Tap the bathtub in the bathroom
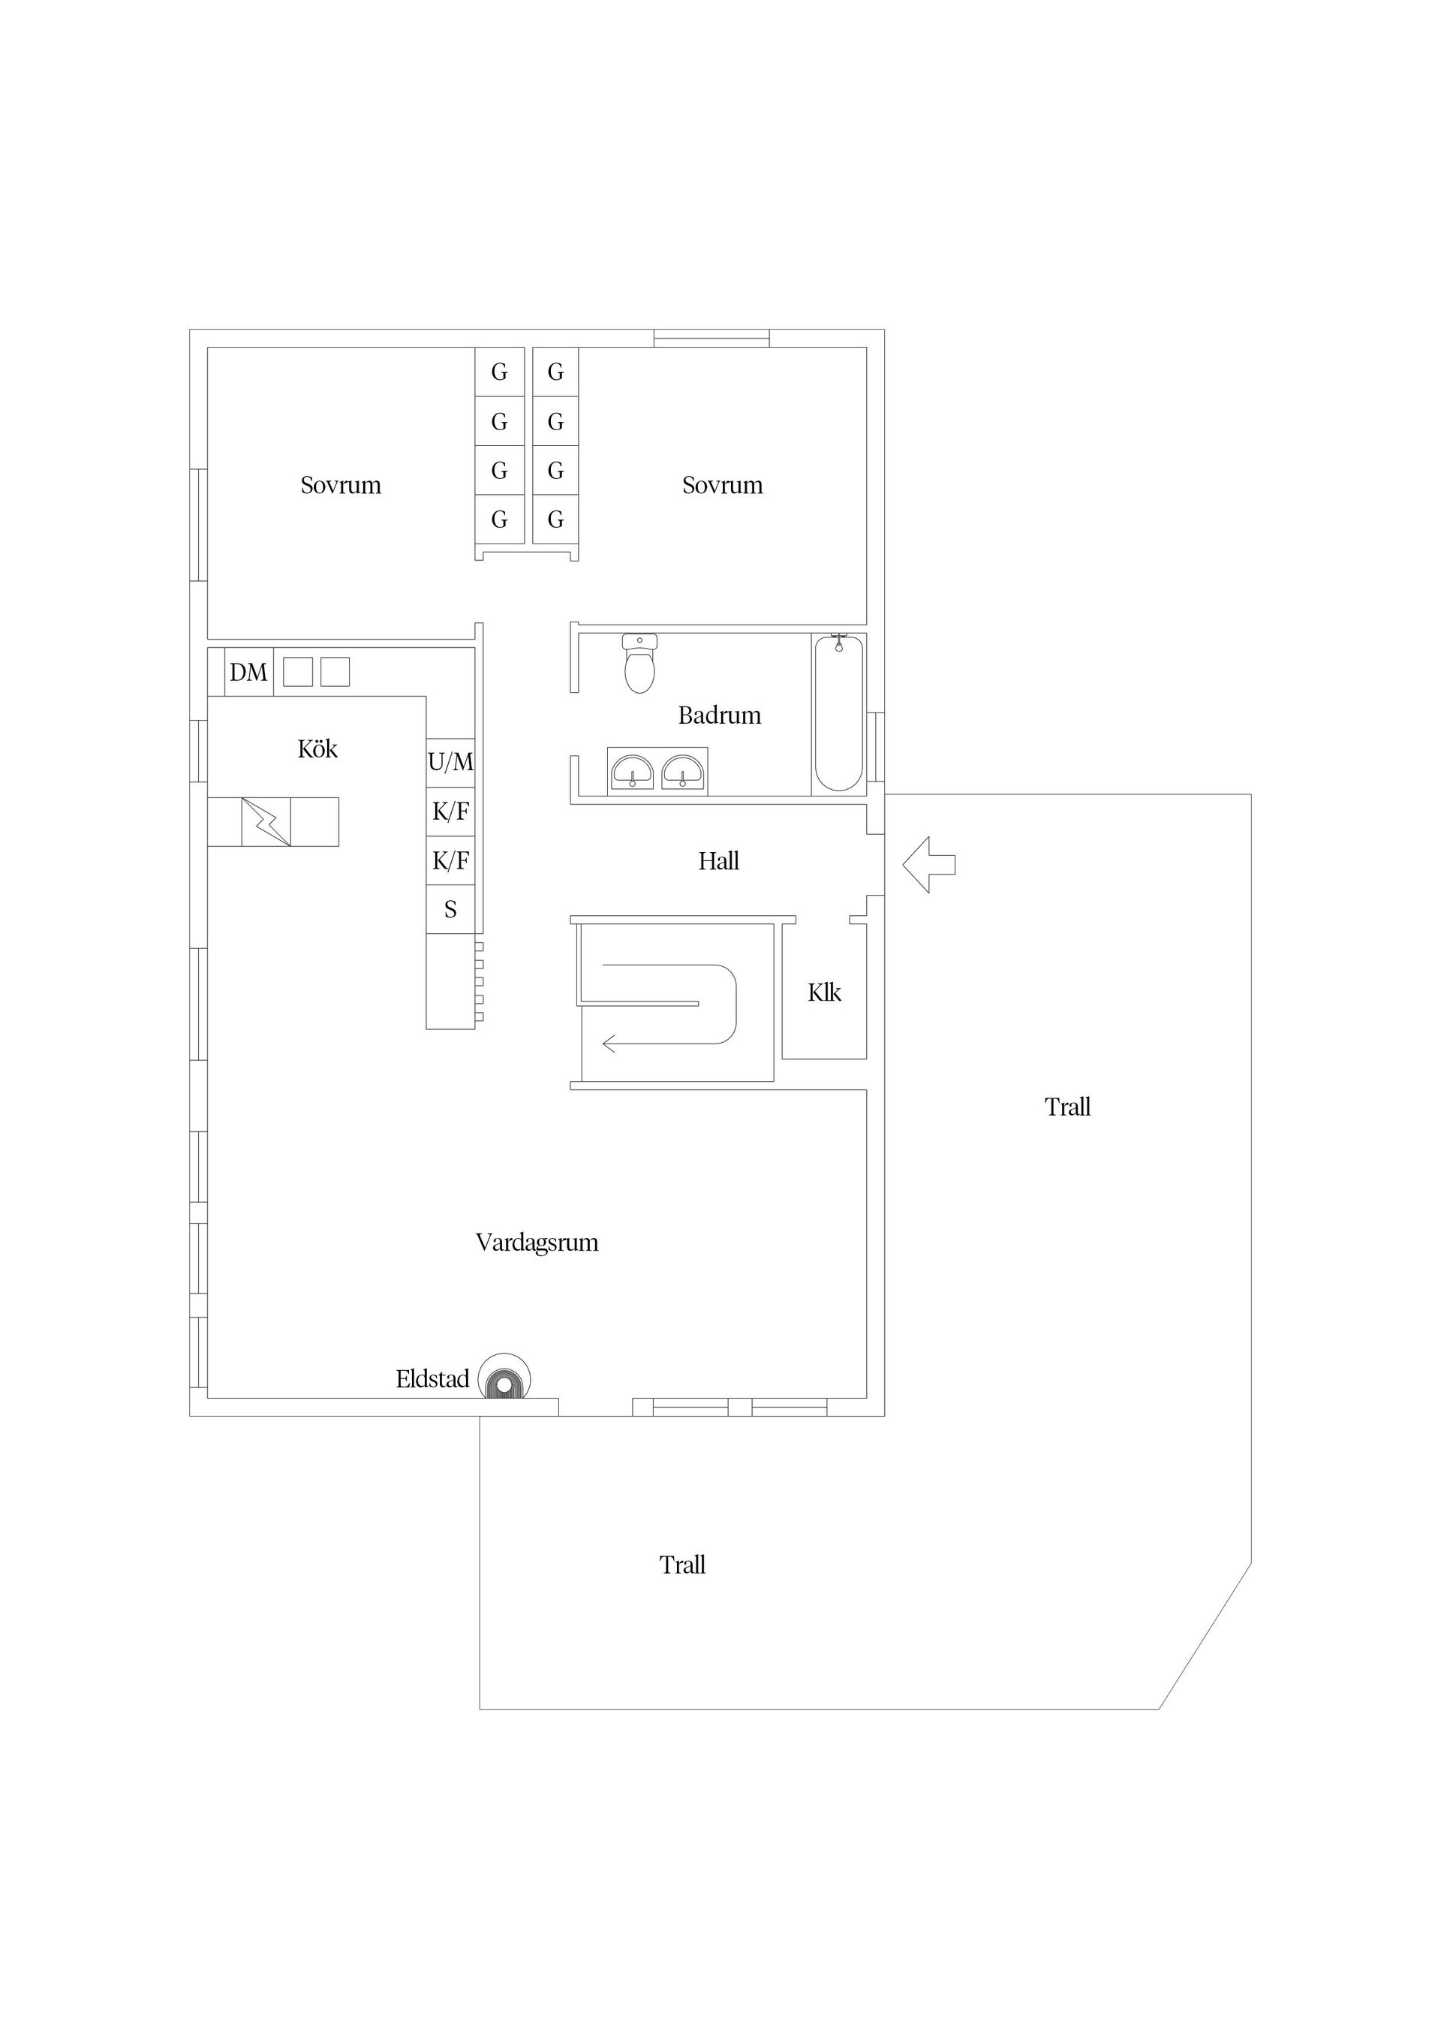coord(838,713)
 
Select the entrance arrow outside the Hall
coord(928,864)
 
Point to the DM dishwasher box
coord(248,672)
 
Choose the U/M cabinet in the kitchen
coord(450,762)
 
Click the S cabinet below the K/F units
coord(450,909)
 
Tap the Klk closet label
coord(824,993)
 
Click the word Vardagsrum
coord(537,1242)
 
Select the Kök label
coord(317,749)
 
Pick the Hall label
coord(718,861)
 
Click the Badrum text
coord(719,715)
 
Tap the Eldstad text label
coord(432,1379)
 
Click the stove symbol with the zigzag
coord(266,821)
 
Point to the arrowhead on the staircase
coord(610,1044)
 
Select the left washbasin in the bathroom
coord(631,772)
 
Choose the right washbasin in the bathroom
coord(682,772)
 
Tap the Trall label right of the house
coord(1067,1107)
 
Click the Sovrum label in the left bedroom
coord(340,486)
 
